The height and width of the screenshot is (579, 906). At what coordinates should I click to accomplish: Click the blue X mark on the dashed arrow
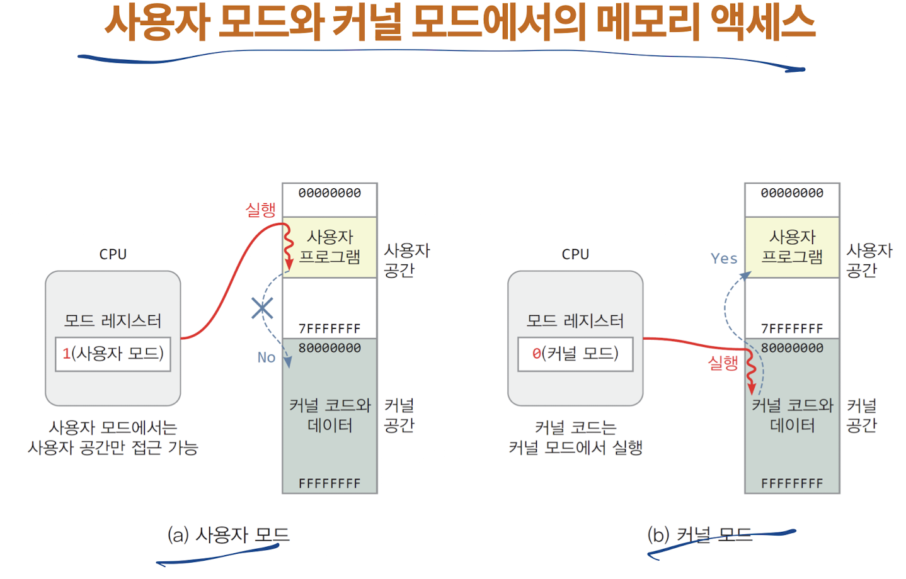tap(262, 308)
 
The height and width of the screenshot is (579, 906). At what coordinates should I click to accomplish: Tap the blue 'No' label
tap(267, 357)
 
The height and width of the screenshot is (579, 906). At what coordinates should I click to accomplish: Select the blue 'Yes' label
tap(724, 259)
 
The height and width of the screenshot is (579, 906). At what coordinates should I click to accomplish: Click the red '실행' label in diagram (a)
tap(261, 210)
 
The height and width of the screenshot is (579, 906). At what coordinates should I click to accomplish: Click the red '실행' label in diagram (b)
tap(723, 363)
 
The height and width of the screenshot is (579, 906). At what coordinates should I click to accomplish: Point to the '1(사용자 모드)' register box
tap(113, 354)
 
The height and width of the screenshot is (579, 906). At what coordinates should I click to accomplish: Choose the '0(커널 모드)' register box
tap(575, 354)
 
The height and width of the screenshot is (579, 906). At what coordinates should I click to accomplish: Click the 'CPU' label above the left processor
tap(113, 254)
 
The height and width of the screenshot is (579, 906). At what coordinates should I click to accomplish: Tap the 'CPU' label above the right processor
tap(575, 254)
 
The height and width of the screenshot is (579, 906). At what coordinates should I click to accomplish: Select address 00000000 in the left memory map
tap(330, 193)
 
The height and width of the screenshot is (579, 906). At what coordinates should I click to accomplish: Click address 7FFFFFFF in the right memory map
tap(792, 329)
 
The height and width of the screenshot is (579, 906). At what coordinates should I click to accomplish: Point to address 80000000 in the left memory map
tap(330, 348)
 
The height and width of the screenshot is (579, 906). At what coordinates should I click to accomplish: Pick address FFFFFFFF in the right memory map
tap(792, 483)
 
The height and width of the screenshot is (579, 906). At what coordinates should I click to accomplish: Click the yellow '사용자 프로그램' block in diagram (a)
tap(330, 247)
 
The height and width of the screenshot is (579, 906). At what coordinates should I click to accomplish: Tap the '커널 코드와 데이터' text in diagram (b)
tap(792, 415)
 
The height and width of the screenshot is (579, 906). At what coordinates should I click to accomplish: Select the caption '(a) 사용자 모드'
tap(228, 535)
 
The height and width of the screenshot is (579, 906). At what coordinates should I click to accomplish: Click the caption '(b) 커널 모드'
tap(700, 535)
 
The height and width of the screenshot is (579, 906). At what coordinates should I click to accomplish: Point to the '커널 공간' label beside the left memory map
tap(399, 415)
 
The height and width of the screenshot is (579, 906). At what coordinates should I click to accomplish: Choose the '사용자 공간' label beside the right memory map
tap(869, 261)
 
